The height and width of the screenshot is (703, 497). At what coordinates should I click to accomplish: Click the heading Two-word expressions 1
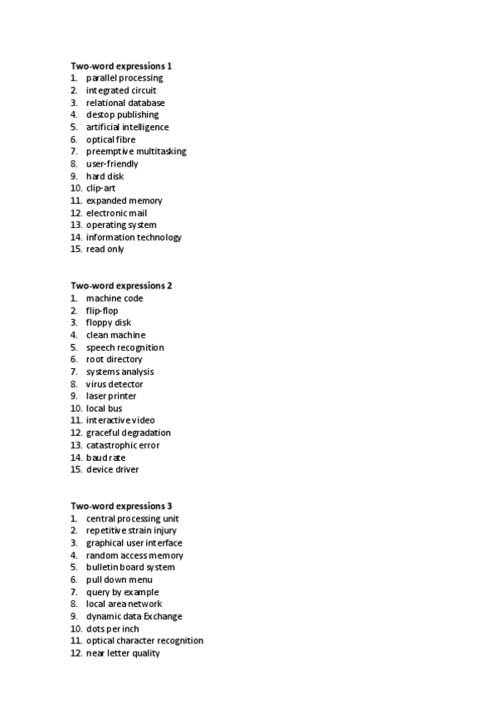pyautogui.click(x=121, y=65)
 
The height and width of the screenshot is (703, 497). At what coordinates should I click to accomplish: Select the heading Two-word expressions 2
pyautogui.click(x=121, y=286)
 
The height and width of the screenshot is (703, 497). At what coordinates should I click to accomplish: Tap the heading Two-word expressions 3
pyautogui.click(x=121, y=506)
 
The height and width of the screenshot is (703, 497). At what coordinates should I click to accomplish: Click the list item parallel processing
pyautogui.click(x=124, y=78)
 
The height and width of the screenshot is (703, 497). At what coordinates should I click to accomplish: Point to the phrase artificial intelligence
pyautogui.click(x=127, y=127)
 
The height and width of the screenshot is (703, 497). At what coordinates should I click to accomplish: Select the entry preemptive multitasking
pyautogui.click(x=136, y=152)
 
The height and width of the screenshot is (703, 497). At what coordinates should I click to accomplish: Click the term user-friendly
pyautogui.click(x=112, y=164)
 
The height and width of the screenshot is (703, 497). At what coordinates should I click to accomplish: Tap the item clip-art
pyautogui.click(x=100, y=188)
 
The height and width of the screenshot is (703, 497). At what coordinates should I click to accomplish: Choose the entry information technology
pyautogui.click(x=134, y=237)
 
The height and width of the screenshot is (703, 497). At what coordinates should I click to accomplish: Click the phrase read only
pyautogui.click(x=105, y=250)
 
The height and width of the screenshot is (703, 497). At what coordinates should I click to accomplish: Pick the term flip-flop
pyautogui.click(x=102, y=311)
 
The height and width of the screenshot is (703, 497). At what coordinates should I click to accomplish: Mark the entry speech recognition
pyautogui.click(x=125, y=347)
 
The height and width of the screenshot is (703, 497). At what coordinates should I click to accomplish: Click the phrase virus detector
pyautogui.click(x=115, y=384)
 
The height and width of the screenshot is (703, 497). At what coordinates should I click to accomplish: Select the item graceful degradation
pyautogui.click(x=129, y=433)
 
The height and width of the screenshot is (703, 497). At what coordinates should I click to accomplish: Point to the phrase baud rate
pyautogui.click(x=106, y=458)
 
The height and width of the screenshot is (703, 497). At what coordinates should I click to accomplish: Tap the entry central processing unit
pyautogui.click(x=132, y=519)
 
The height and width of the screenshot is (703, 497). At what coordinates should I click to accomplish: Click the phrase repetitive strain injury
pyautogui.click(x=131, y=531)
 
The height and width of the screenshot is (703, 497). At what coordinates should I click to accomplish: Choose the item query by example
pyautogui.click(x=122, y=592)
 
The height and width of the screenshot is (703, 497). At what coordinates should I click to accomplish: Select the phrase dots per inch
pyautogui.click(x=113, y=628)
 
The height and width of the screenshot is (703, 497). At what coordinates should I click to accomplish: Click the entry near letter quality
pyautogui.click(x=123, y=653)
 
